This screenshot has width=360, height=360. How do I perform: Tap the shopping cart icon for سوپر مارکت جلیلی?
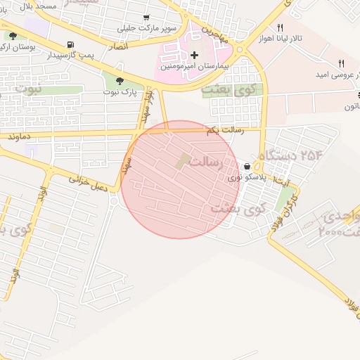(146, 18)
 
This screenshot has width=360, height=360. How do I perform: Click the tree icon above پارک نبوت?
(119, 81)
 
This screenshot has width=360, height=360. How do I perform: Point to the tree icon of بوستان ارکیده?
(13, 35)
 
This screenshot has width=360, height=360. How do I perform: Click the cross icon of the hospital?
(194, 55)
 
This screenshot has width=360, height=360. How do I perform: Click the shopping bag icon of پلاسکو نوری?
(247, 167)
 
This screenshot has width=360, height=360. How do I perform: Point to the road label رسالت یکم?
(224, 131)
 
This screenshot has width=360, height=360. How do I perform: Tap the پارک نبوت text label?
(117, 92)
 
